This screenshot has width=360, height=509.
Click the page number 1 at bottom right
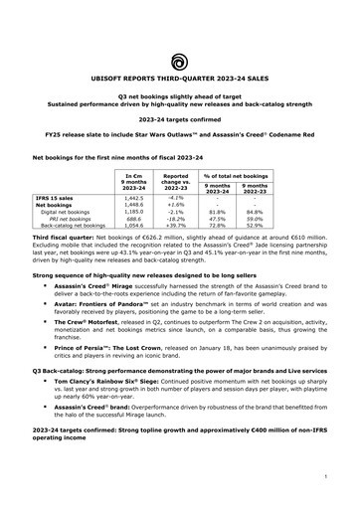point(324,477)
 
